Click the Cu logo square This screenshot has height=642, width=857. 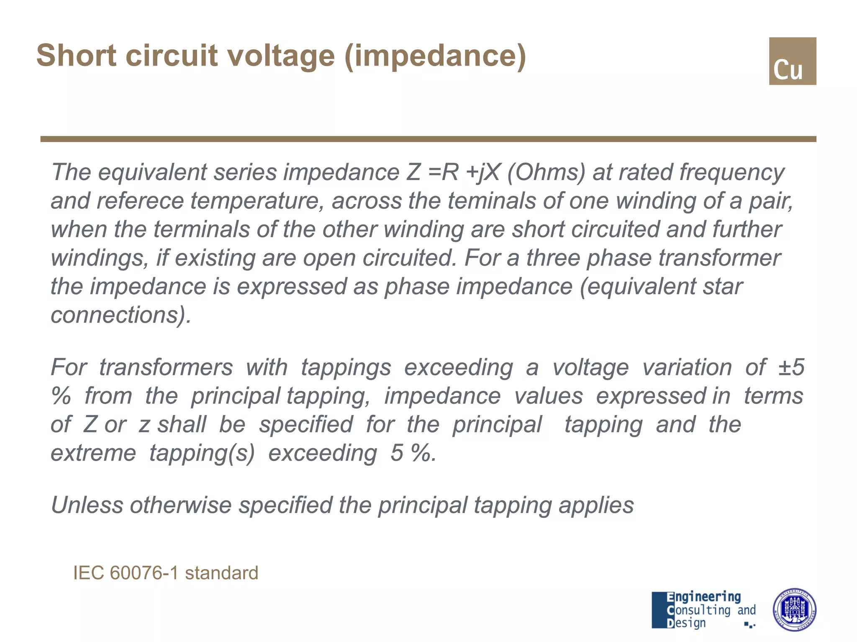pyautogui.click(x=792, y=61)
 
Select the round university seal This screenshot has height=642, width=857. pyautogui.click(x=794, y=610)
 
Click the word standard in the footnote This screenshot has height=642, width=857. pyautogui.click(x=221, y=573)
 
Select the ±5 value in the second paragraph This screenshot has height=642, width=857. pyautogui.click(x=791, y=367)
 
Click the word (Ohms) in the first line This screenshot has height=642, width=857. pyautogui.click(x=546, y=172)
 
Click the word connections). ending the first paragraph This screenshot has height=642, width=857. pyautogui.click(x=121, y=315)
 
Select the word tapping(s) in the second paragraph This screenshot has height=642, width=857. pyautogui.click(x=202, y=453)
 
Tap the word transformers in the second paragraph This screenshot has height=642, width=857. pyautogui.click(x=166, y=367)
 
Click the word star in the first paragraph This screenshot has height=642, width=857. pyautogui.click(x=723, y=286)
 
